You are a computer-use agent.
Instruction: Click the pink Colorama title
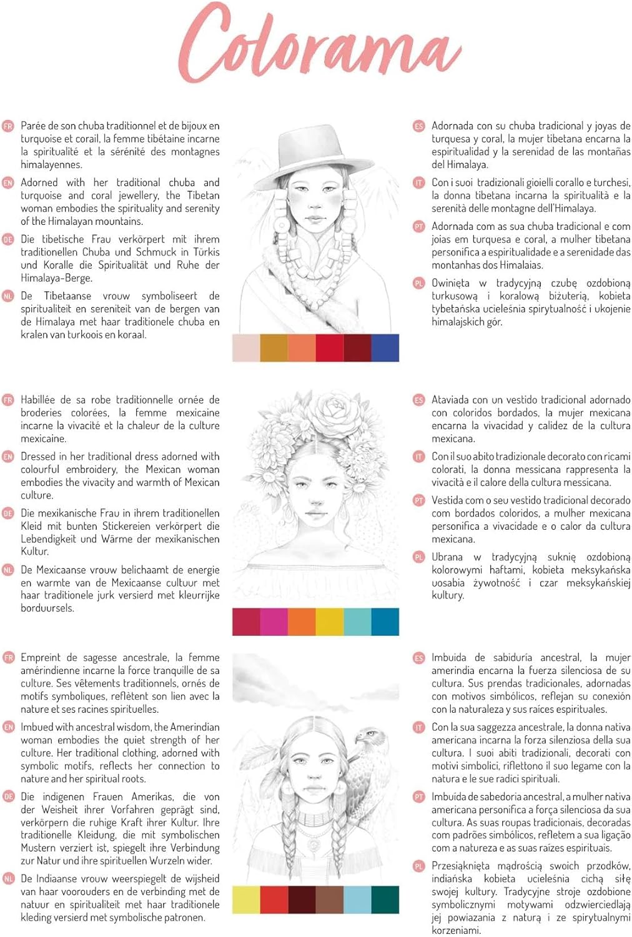pyautogui.click(x=320, y=44)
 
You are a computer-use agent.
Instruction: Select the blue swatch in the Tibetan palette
pyautogui.click(x=385, y=347)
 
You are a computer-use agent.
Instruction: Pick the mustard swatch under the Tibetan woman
pyautogui.click(x=274, y=347)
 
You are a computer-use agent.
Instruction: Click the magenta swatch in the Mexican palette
pyautogui.click(x=274, y=622)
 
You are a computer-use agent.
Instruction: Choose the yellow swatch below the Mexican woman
pyautogui.click(x=330, y=622)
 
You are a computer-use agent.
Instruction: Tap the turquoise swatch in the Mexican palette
pyautogui.click(x=358, y=622)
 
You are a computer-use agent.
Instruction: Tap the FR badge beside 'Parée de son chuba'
pyautogui.click(x=8, y=126)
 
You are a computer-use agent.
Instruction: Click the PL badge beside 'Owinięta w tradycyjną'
pyautogui.click(x=418, y=283)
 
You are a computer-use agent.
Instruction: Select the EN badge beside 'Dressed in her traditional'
pyautogui.click(x=8, y=457)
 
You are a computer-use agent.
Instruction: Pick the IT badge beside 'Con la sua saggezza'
pyautogui.click(x=418, y=728)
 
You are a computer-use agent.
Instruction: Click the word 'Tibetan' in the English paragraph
pyautogui.click(x=203, y=196)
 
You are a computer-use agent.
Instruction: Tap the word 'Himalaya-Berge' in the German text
pyautogui.click(x=56, y=278)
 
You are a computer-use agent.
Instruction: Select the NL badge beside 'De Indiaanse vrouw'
pyautogui.click(x=8, y=879)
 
